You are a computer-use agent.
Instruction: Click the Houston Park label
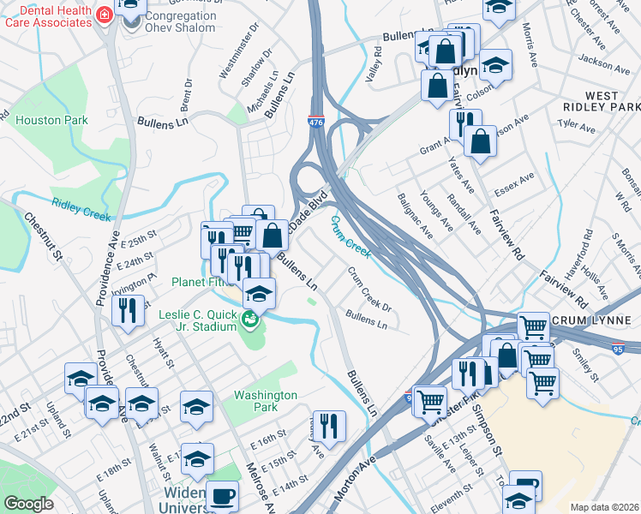[51, 121]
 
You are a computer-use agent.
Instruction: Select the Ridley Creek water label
[81, 210]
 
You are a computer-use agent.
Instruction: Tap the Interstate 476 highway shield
[316, 124]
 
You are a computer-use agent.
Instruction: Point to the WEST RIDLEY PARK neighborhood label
[602, 101]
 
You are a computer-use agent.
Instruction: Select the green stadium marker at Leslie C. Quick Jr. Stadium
[250, 321]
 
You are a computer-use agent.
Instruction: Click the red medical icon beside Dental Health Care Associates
[105, 15]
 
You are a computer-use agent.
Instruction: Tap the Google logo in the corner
[27, 504]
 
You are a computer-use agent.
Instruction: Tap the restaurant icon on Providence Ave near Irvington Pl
[128, 310]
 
